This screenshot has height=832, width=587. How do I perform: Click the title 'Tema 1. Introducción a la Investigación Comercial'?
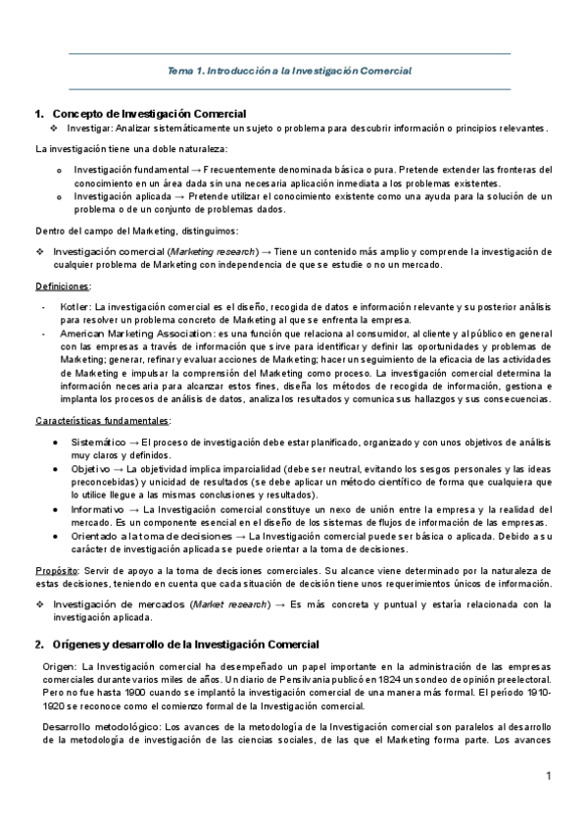coord(289,71)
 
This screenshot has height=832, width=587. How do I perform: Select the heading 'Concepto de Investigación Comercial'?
coord(148,114)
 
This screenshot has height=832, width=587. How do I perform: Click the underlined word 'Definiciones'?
coord(63,286)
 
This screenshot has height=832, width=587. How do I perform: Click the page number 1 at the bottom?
coord(550,776)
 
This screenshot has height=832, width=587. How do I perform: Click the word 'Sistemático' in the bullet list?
coord(101,442)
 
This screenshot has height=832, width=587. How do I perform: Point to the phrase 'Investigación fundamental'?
coord(135,170)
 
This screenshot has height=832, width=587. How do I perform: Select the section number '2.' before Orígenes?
coord(39,644)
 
